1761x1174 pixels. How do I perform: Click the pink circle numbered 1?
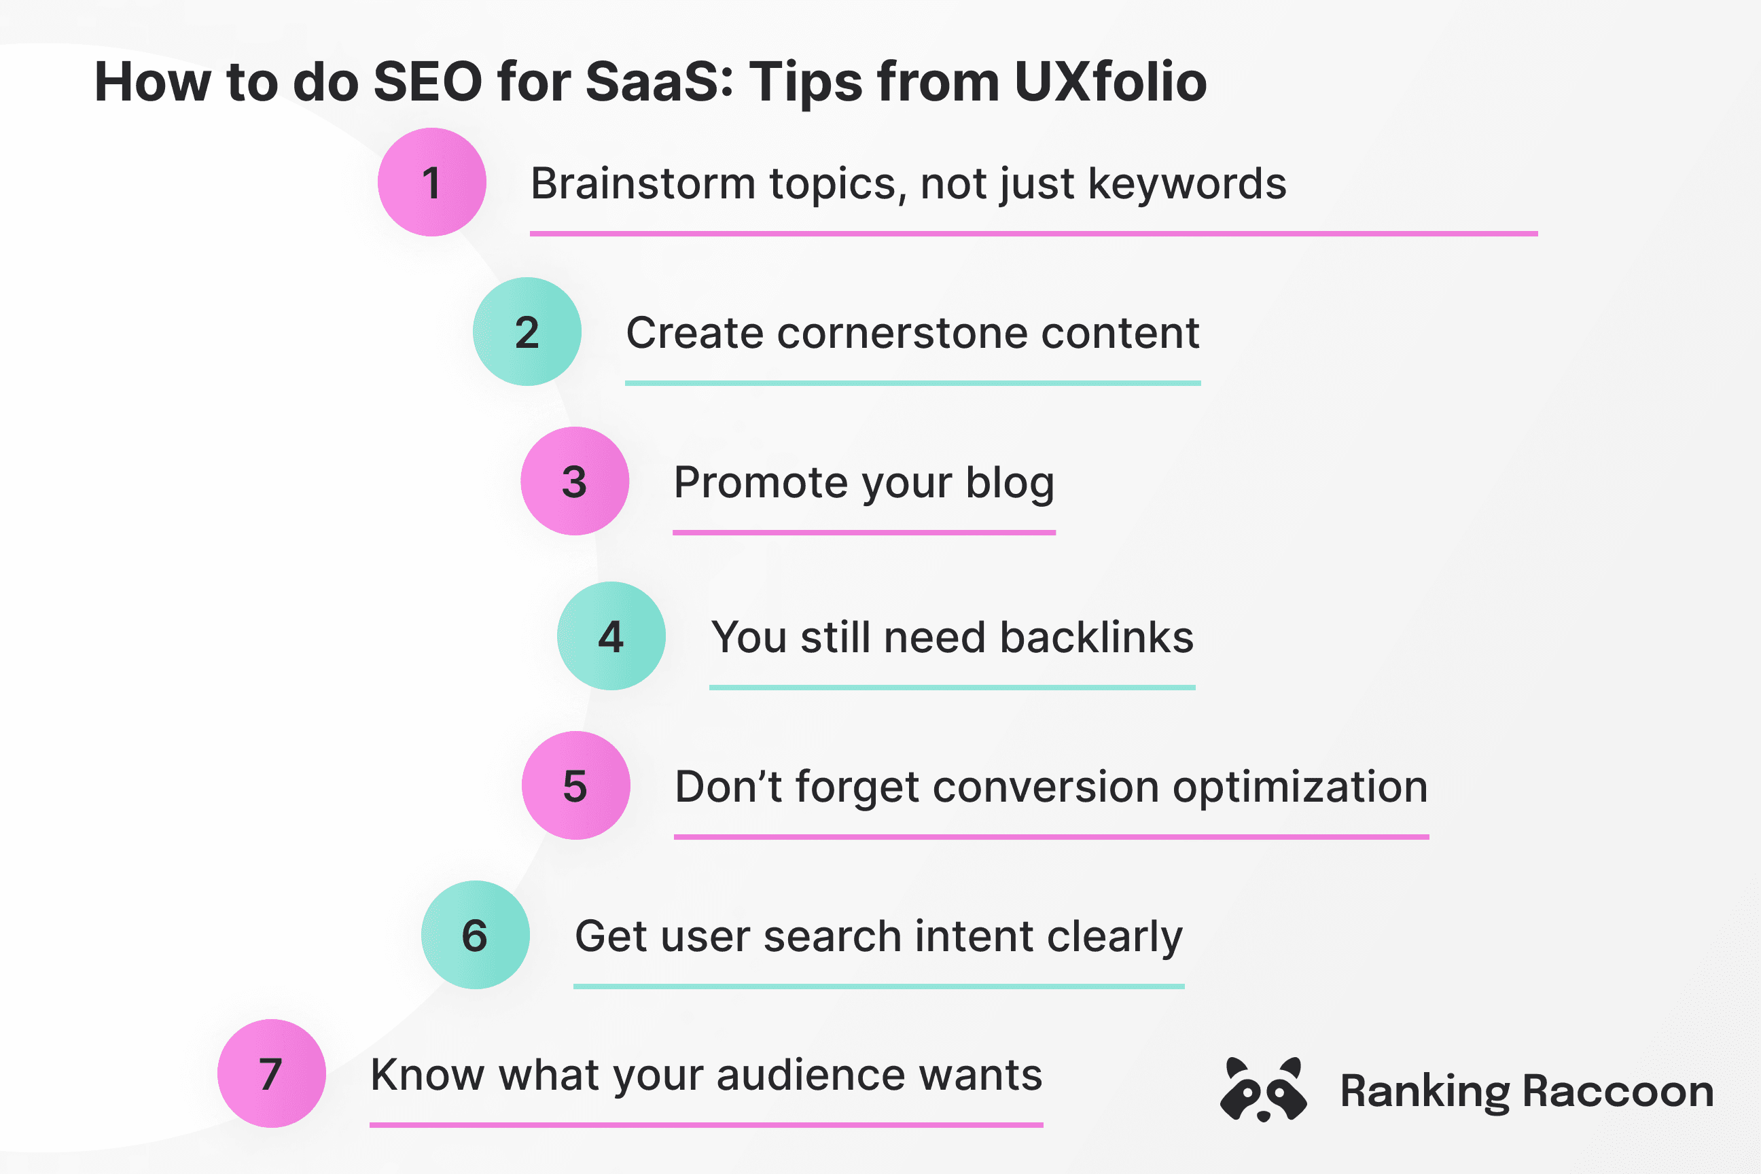432,182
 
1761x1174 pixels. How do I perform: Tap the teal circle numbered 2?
527,332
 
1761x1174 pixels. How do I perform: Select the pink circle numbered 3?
575,481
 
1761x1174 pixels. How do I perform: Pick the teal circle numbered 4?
611,636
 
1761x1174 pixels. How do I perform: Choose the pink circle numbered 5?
575,785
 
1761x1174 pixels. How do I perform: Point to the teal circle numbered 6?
476,934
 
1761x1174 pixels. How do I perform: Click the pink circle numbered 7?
272,1073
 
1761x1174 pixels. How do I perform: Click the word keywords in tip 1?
1187,183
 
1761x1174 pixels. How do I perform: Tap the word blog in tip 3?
1010,483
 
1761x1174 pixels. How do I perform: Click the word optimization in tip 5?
1300,787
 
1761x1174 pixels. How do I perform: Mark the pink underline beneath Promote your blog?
864,533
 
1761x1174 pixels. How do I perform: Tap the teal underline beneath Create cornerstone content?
912,383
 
